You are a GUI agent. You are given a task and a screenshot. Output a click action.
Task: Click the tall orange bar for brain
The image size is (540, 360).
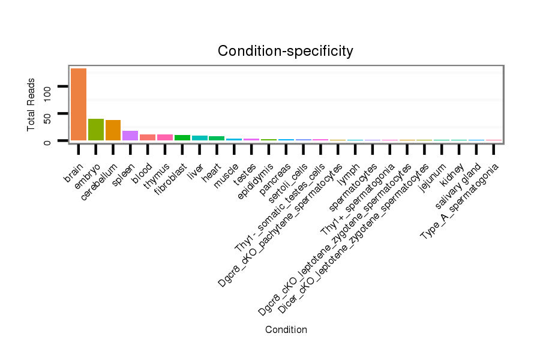point(79,104)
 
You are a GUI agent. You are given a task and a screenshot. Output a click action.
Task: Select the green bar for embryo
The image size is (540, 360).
point(96,130)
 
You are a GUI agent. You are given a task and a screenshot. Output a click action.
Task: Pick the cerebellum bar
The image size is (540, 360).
point(113,130)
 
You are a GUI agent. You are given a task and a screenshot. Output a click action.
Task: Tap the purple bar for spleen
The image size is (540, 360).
point(130,136)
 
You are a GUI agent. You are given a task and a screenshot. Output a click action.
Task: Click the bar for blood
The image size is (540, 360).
point(148,137)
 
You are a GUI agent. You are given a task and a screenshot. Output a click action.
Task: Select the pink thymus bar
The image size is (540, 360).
point(165,137)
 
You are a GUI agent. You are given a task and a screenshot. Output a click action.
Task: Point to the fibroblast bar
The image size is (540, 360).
point(182,137)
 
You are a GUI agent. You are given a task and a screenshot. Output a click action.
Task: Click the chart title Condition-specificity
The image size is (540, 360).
point(286,51)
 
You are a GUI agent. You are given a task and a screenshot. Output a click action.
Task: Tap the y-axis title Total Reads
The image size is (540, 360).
point(31,104)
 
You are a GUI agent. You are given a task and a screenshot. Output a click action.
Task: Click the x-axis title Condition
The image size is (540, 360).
point(286,329)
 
